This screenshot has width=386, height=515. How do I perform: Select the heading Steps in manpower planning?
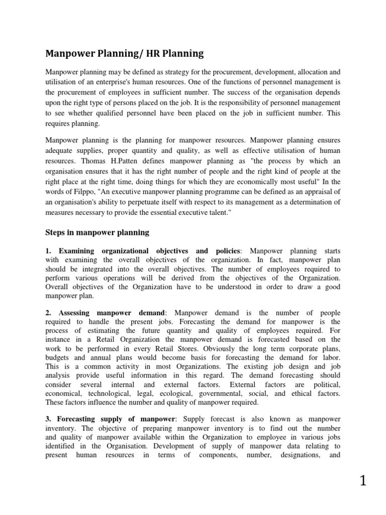coord(97,232)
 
